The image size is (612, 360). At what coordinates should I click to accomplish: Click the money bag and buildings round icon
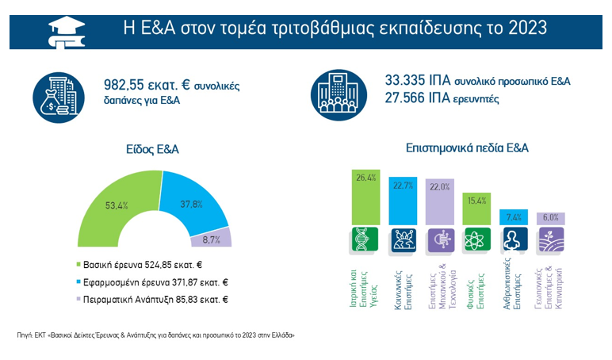tap(59, 94)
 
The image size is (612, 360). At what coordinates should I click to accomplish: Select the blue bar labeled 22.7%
tap(403, 201)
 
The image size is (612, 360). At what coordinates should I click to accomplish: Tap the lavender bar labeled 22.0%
tap(440, 202)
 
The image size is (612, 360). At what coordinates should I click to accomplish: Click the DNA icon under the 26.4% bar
tap(365, 239)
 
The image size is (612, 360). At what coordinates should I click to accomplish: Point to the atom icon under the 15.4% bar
tap(476, 239)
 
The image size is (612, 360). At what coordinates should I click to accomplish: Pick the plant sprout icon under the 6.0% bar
tap(550, 239)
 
